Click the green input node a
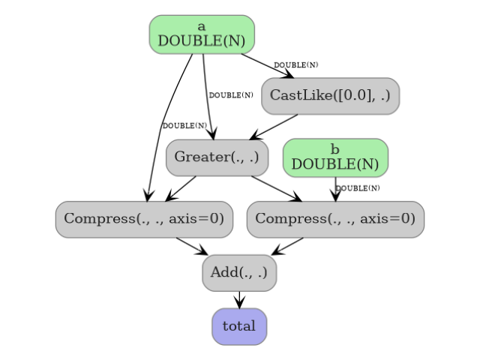click(202, 34)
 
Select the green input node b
click(335, 157)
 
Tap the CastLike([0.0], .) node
click(330, 96)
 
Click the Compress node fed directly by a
click(144, 219)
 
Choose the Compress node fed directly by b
click(335, 219)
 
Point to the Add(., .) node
click(239, 272)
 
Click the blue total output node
click(239, 326)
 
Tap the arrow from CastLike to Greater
click(274, 127)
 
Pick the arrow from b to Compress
click(335, 188)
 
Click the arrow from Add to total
click(239, 299)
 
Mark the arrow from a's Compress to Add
click(192, 246)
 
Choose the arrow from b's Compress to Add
click(287, 246)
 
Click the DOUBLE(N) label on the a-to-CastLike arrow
click(295, 65)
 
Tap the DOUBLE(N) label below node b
click(358, 188)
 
